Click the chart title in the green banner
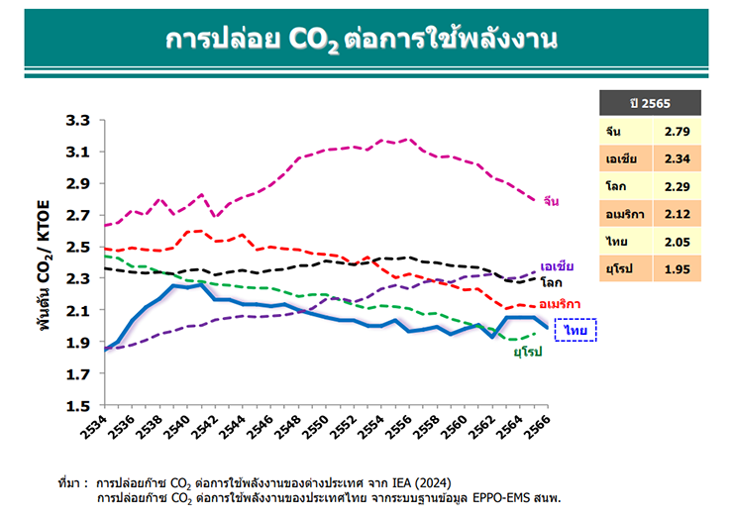coord(366,40)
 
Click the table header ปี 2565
coord(650,103)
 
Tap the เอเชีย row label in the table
coord(622,157)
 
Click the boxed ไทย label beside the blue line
coord(576,329)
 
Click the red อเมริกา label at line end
coord(560,304)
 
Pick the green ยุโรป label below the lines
coord(527,352)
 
